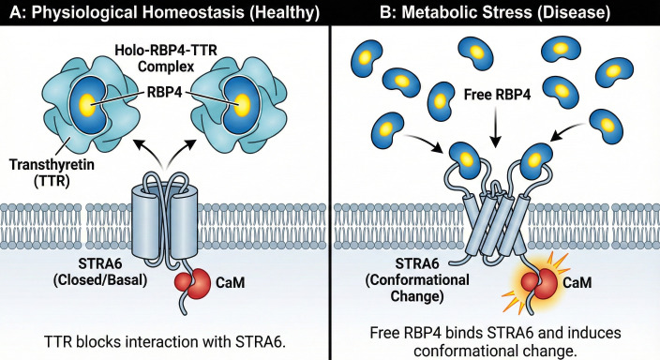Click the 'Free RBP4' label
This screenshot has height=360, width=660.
[x=497, y=95]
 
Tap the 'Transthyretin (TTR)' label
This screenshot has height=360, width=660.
[x=52, y=172]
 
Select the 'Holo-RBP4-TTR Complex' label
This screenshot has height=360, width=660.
[x=166, y=58]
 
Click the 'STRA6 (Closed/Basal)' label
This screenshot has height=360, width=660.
[x=100, y=272]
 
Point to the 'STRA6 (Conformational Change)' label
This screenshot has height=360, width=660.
[x=417, y=279]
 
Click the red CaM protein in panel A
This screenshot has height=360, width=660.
[x=193, y=283]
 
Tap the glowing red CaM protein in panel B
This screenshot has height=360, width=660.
[x=539, y=283]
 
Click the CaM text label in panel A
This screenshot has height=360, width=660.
[x=230, y=282]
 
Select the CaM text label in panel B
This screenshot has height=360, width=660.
[x=577, y=281]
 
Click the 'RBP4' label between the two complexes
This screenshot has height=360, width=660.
[x=165, y=92]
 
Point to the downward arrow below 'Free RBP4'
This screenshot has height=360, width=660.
[x=495, y=127]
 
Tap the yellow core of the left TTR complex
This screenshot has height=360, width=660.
[x=87, y=104]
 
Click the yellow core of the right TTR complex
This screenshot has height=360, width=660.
[x=242, y=105]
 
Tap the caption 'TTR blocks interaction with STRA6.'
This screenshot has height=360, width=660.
[x=165, y=341]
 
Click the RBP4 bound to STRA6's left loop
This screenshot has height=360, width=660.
[x=466, y=160]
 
